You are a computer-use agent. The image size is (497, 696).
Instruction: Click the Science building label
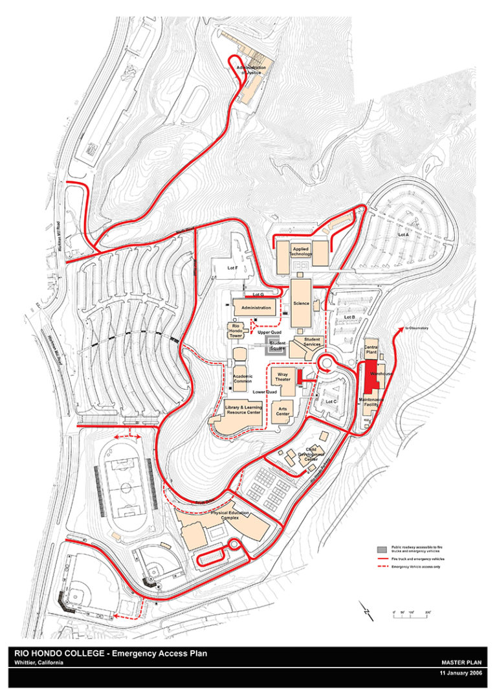click(300, 303)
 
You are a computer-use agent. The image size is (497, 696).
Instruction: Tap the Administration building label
click(255, 308)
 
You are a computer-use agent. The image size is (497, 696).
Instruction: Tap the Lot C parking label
click(331, 401)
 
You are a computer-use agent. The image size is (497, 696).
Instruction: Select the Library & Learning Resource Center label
click(243, 409)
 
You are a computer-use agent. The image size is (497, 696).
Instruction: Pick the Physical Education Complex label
click(229, 515)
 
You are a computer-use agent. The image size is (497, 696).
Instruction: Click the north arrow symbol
click(366, 610)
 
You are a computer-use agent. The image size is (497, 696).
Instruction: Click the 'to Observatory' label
click(417, 329)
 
